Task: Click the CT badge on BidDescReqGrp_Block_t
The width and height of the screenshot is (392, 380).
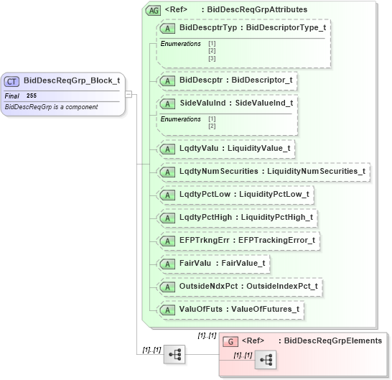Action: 12,81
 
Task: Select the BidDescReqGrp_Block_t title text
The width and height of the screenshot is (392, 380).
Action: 71,81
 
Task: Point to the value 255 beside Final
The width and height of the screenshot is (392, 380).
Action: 32,96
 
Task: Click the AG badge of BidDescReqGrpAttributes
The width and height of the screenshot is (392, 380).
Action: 153,11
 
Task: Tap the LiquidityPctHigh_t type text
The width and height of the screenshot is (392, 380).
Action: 278,218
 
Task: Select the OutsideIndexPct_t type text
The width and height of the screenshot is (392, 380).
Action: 281,287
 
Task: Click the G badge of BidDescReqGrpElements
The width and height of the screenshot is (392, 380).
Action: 231,341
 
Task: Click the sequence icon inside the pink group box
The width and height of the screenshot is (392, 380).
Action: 265,360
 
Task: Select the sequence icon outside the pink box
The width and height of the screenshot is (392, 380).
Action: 174,354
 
